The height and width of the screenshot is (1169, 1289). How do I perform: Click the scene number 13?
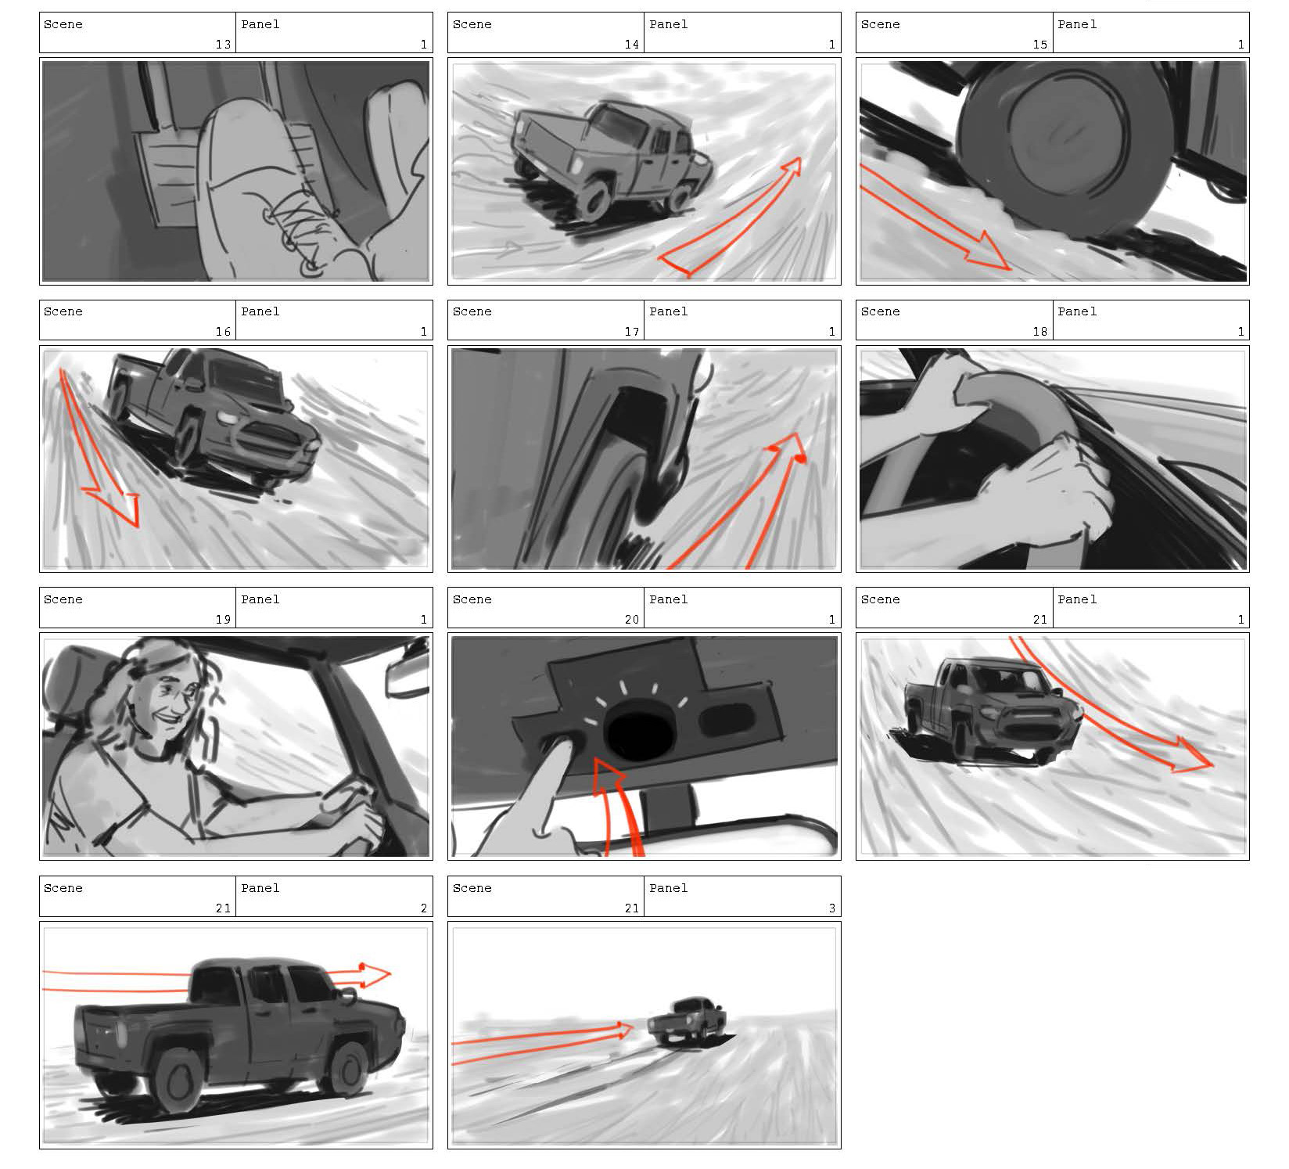pos(223,45)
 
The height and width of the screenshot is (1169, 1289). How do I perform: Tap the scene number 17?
pos(631,332)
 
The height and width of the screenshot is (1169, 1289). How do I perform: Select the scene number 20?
pos(631,620)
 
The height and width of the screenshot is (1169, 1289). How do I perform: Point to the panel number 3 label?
pos(831,908)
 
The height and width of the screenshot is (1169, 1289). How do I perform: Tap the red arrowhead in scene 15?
pos(987,251)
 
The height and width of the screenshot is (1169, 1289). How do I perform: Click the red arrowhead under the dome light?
pos(609,776)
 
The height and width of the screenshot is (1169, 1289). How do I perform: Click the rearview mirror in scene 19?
pos(407,678)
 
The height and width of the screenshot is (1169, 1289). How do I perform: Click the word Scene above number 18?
pos(880,311)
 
